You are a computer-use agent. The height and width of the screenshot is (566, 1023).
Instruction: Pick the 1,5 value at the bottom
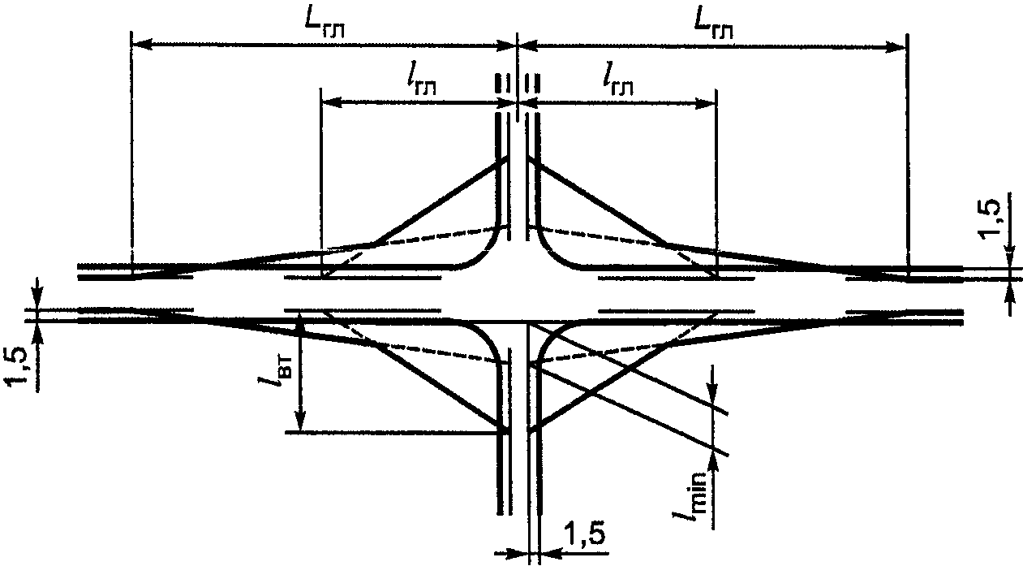pos(585,536)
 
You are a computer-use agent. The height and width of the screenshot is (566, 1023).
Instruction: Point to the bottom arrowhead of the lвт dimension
pos(300,420)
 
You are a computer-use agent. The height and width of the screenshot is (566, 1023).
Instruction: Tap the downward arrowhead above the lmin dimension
pos(712,391)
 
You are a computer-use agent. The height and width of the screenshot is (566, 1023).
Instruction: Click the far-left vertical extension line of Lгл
pos(131,154)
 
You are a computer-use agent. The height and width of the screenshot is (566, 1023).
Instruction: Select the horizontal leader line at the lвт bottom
pos(396,431)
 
